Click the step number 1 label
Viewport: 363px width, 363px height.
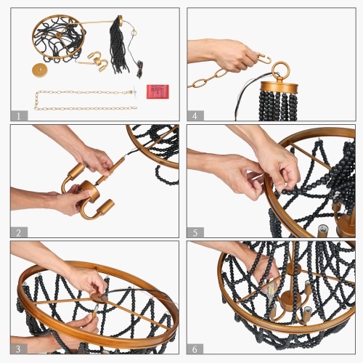19,116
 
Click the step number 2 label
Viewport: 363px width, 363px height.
19,232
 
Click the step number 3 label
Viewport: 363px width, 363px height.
19,349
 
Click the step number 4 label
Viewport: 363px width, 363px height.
195,116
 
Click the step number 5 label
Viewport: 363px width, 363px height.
195,232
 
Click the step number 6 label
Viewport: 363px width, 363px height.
195,349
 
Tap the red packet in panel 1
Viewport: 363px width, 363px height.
158,91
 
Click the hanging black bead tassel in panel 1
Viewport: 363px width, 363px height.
118,45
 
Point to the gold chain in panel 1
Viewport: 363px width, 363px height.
85,99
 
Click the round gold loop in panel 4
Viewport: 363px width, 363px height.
280,70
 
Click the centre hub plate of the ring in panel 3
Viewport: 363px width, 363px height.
99,298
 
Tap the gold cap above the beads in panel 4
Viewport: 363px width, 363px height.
279,88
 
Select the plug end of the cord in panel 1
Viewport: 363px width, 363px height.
139,70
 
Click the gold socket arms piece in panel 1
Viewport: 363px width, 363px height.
94,61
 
